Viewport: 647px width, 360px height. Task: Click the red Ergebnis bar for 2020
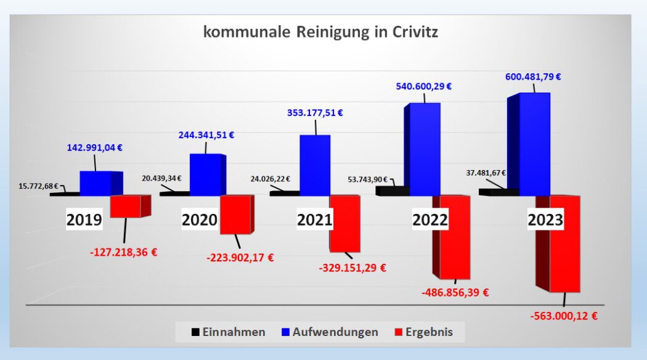(235, 215)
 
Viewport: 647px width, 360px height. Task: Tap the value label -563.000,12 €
(564, 316)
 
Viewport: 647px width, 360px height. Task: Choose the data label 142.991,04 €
(95, 147)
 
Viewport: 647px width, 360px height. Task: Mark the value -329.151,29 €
(352, 268)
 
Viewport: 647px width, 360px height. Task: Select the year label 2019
(84, 221)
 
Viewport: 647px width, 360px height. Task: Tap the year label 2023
(545, 220)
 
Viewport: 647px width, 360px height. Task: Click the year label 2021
(314, 220)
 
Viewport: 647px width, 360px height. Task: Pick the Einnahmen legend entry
(228, 332)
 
